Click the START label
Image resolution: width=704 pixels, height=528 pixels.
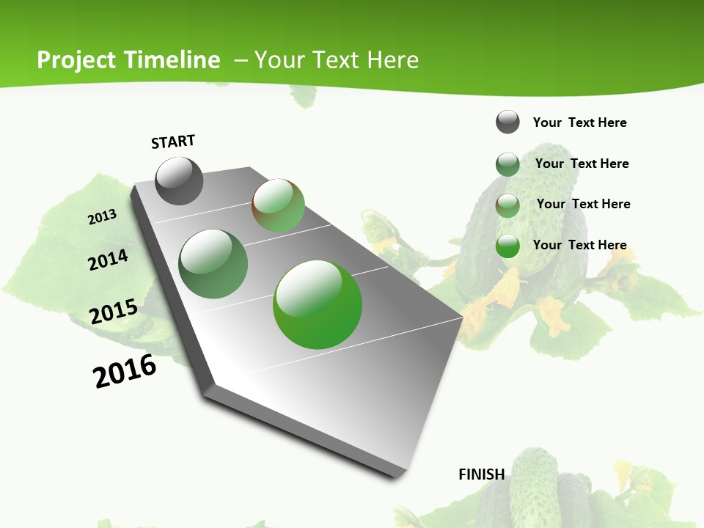pyautogui.click(x=173, y=142)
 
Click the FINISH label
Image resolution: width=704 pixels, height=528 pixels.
pyautogui.click(x=482, y=474)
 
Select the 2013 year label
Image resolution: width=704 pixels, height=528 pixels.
pyautogui.click(x=103, y=217)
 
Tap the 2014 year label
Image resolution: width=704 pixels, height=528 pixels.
pyautogui.click(x=109, y=260)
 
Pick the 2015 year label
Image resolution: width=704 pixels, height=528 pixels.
pyautogui.click(x=114, y=312)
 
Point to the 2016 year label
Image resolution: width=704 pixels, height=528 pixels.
pyautogui.click(x=125, y=371)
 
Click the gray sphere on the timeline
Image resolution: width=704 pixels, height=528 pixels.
pyautogui.click(x=179, y=180)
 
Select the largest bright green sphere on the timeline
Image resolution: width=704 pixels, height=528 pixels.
pyautogui.click(x=318, y=304)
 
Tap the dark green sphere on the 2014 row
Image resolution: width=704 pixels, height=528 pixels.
pyautogui.click(x=213, y=263)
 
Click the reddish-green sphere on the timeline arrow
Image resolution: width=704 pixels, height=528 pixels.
pyautogui.click(x=278, y=205)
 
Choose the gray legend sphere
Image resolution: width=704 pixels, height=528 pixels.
pyautogui.click(x=507, y=122)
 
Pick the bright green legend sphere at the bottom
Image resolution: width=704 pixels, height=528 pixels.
pyautogui.click(x=507, y=246)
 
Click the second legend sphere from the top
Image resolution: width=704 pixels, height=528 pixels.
pyautogui.click(x=507, y=164)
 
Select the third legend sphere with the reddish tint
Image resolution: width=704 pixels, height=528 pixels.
pyautogui.click(x=507, y=205)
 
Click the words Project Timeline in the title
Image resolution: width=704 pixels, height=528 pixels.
pyautogui.click(x=128, y=60)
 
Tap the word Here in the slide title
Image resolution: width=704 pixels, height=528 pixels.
pyautogui.click(x=392, y=60)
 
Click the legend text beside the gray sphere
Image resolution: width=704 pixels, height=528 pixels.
pyautogui.click(x=579, y=122)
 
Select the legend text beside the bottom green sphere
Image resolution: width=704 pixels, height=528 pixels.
pyautogui.click(x=579, y=245)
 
